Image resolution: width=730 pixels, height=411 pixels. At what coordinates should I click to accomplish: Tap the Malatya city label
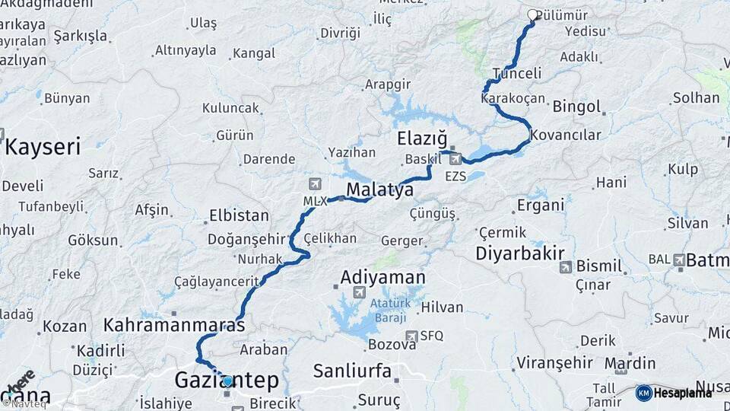[x=379, y=189]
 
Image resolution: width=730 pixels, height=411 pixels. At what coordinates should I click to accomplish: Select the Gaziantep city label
[x=227, y=381]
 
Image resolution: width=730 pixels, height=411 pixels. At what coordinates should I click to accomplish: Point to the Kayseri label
[x=43, y=147]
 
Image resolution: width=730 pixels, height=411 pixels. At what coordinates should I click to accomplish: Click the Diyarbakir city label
[x=521, y=253]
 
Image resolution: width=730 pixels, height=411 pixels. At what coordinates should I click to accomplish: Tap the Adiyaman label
[x=382, y=277]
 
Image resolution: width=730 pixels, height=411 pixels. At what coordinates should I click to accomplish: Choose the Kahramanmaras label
[x=174, y=325]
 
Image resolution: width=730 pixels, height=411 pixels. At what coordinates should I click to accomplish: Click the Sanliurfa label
[x=352, y=371]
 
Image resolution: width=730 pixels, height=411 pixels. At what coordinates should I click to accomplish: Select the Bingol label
[x=576, y=106]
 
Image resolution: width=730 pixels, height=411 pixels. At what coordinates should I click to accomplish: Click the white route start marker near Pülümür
[x=532, y=14]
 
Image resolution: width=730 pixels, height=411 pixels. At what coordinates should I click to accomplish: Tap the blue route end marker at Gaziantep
[x=227, y=381]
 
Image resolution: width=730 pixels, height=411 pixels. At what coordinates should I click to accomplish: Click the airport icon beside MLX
[x=316, y=184]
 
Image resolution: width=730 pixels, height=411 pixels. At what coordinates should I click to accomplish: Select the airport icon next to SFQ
[x=411, y=336]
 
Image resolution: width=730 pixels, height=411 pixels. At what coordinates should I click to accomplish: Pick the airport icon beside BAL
[x=678, y=260]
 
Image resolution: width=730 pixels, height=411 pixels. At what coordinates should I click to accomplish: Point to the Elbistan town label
[x=237, y=215]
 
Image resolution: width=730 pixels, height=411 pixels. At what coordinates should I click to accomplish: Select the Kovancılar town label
[x=566, y=135]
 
